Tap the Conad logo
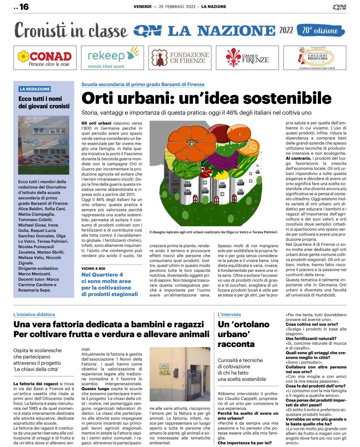point(45,58)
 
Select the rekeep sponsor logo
point(112,58)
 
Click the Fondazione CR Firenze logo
point(180,58)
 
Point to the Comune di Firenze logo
point(247,58)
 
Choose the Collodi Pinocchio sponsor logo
point(315,58)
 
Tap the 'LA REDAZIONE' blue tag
point(35,89)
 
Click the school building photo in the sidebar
point(44,145)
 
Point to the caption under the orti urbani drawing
point(213,232)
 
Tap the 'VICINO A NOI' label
point(93,268)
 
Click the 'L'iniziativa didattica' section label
point(34,315)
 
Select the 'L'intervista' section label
point(229,315)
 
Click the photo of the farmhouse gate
point(180,374)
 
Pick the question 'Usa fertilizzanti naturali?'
point(311,339)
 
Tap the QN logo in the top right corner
point(339,7)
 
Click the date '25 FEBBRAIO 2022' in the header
point(177,7)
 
